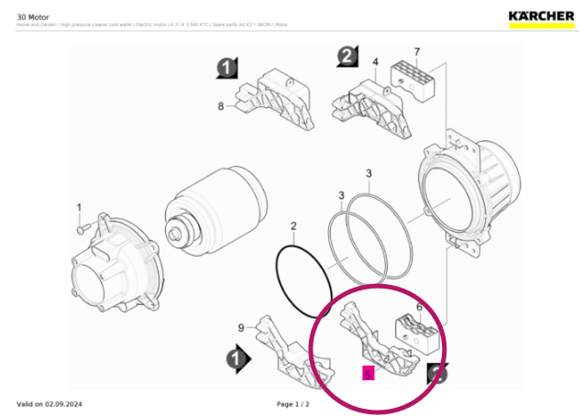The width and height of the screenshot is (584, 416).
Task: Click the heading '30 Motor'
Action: (x=33, y=15)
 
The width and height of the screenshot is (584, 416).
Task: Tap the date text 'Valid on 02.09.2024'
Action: (x=50, y=403)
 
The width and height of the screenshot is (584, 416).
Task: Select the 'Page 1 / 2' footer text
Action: (x=293, y=403)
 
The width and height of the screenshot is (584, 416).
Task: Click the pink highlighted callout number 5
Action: (x=368, y=374)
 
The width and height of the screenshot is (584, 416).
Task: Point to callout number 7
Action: (x=416, y=51)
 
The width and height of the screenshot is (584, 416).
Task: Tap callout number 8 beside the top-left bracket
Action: (x=221, y=106)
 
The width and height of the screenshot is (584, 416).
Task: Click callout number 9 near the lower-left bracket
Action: (x=241, y=327)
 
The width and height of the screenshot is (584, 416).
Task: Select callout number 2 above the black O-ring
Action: (x=293, y=225)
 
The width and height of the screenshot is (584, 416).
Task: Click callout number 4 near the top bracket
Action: (x=375, y=62)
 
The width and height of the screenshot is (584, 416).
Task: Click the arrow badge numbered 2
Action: (x=346, y=57)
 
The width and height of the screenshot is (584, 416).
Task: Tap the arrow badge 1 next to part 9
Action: (x=237, y=361)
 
